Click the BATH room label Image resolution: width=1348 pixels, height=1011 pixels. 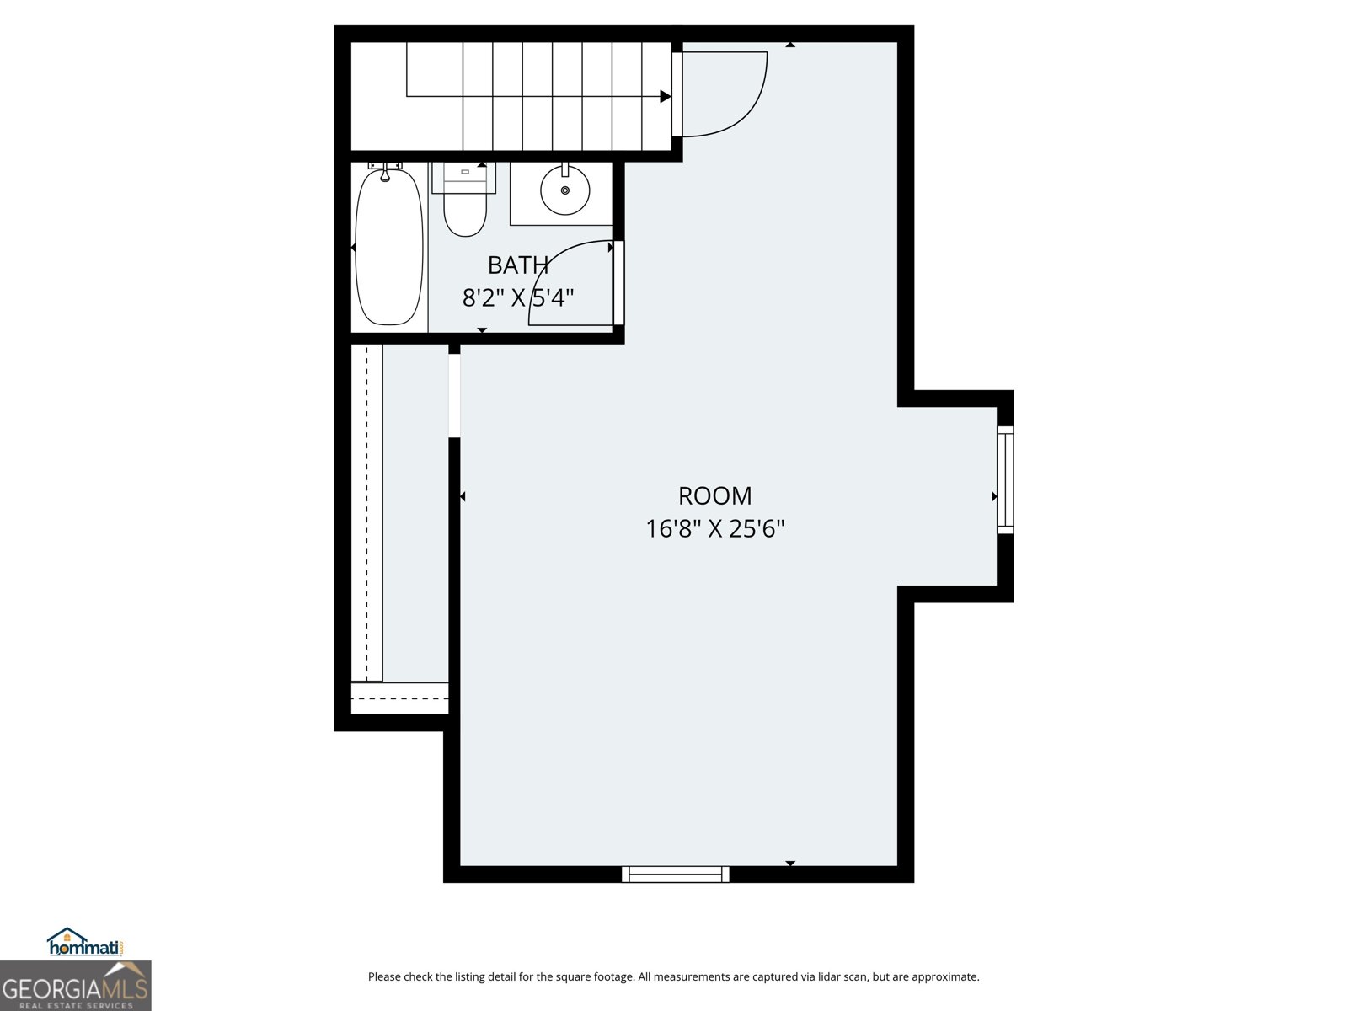coord(517,265)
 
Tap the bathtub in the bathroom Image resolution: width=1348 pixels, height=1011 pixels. coord(388,247)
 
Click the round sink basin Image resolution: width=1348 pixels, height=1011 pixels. coord(564,190)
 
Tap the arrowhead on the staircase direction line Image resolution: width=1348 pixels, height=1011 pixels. coord(665,97)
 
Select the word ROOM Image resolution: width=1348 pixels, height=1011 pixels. coord(714,495)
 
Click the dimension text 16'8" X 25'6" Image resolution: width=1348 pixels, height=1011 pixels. coord(714,529)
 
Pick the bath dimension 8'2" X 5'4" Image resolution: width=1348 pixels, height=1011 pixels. coord(517,298)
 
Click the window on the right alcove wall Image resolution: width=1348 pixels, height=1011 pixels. coord(1005,479)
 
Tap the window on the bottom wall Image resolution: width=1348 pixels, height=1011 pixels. coord(675,875)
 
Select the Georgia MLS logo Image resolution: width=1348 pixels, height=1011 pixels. coord(75,986)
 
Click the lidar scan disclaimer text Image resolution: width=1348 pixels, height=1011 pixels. coord(673,977)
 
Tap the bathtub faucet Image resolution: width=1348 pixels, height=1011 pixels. coord(385,171)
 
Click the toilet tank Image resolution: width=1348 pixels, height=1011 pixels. coord(464,176)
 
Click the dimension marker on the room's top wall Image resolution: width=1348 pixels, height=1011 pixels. coord(790,45)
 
